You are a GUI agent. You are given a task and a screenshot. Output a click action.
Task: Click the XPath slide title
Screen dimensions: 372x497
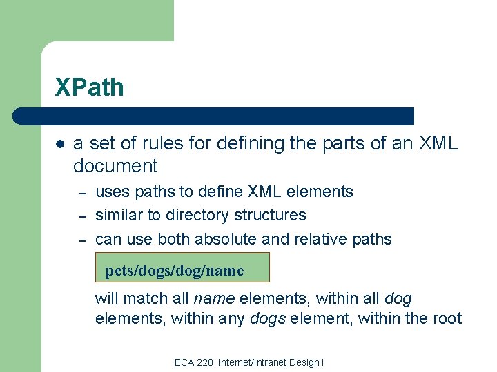click(90, 87)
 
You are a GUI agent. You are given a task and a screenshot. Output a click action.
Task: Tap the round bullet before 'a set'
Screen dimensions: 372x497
click(59, 144)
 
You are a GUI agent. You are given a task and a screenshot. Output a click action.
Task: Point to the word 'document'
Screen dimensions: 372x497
click(115, 166)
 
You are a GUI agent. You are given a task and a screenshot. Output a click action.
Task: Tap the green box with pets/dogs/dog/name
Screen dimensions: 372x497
click(182, 267)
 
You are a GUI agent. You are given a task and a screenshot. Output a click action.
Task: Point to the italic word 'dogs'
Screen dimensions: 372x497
click(267, 319)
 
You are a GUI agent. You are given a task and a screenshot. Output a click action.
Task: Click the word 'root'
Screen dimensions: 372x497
click(447, 319)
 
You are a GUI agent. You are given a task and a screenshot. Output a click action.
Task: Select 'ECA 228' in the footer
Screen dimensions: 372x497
click(194, 362)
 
